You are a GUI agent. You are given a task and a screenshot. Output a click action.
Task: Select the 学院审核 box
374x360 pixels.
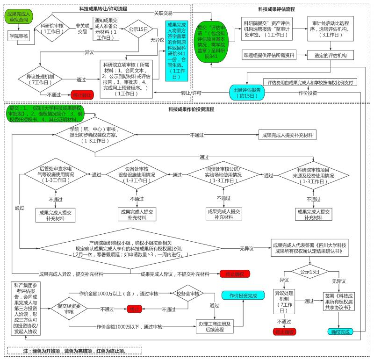(19, 36)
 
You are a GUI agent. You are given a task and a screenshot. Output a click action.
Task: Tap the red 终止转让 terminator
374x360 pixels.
(82, 95)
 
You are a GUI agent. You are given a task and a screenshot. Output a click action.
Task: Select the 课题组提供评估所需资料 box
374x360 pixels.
(268, 55)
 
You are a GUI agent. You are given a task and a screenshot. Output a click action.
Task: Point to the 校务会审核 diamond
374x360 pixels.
(188, 294)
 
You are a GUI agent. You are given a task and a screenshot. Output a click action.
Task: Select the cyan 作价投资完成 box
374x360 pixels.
(243, 296)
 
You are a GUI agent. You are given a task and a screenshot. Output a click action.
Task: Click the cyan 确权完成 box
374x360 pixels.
(340, 332)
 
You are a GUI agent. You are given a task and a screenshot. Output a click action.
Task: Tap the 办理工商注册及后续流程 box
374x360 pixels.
(215, 326)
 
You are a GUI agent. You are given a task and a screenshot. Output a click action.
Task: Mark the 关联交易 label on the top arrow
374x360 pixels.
(165, 13)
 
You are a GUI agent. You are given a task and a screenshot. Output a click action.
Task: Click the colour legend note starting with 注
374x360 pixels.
(74, 351)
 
